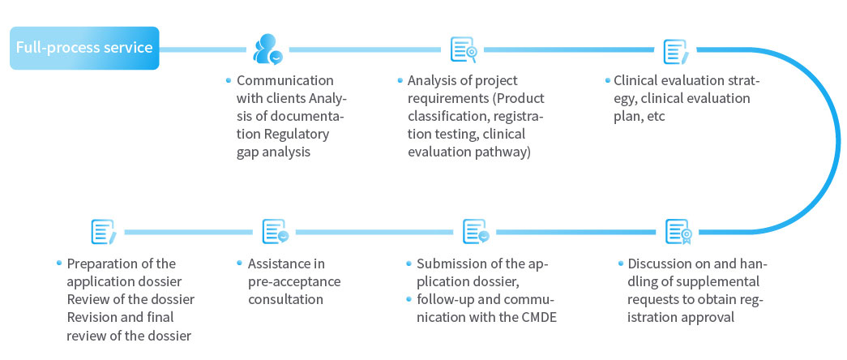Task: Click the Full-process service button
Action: click(84, 48)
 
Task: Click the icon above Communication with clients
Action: click(267, 49)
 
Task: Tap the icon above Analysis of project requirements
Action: click(463, 49)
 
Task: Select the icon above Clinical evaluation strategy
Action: click(675, 50)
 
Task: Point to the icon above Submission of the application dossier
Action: click(475, 232)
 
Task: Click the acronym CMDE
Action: click(537, 317)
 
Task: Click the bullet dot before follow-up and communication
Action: click(409, 299)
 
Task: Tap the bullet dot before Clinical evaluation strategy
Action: click(607, 80)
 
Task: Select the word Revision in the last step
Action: click(93, 317)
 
